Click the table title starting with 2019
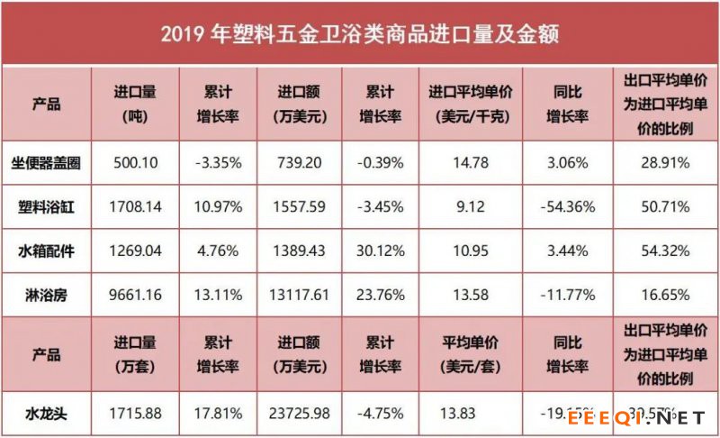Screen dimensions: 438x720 click(x=360, y=34)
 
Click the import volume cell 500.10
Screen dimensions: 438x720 click(x=137, y=163)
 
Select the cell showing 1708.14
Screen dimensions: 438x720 click(x=137, y=206)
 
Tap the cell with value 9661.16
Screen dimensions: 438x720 click(x=137, y=294)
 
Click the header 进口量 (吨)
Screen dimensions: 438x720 click(x=137, y=105)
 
